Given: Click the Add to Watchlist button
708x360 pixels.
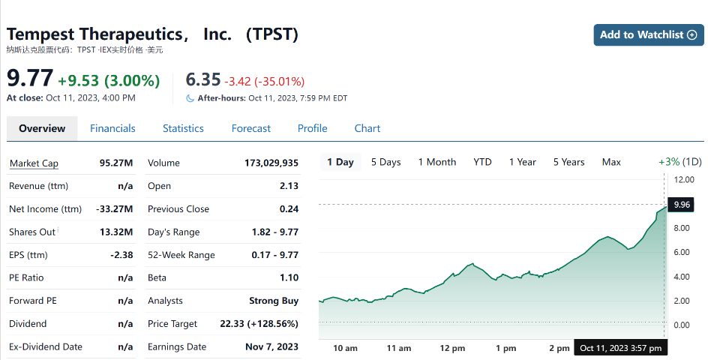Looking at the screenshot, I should tap(648, 34).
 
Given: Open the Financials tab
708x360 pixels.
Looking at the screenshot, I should tap(112, 128).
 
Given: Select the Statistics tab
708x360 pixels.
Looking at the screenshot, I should tap(183, 128).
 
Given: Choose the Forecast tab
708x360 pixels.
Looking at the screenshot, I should tap(250, 128).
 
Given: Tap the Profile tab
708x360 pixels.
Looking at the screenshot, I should tap(312, 128).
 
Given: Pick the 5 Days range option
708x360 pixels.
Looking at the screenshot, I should tap(385, 162).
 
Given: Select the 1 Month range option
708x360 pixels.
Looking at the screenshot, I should tap(436, 162).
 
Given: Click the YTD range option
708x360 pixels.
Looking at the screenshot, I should tap(482, 162).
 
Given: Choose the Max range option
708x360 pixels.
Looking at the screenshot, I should tap(611, 162).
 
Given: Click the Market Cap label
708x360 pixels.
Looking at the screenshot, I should tap(34, 163).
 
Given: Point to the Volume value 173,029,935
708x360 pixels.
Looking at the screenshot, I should tap(271, 163).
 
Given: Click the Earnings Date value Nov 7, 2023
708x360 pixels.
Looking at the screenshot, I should tap(271, 346).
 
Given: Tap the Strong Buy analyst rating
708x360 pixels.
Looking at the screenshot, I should tap(274, 301).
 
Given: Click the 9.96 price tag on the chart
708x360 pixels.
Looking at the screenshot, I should tap(682, 204).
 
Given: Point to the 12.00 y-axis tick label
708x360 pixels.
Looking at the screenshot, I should tap(684, 180).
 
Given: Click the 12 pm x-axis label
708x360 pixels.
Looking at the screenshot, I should tap(452, 348).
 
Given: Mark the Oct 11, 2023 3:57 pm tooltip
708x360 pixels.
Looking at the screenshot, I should tap(620, 348).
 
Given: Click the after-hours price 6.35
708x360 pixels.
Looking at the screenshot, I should tap(202, 80).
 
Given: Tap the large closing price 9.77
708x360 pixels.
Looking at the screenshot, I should tap(30, 79).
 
